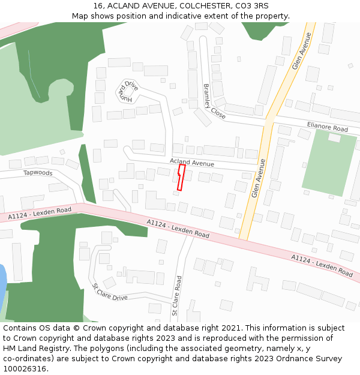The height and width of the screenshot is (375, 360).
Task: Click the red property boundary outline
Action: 181,178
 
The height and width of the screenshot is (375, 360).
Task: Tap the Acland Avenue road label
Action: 191,163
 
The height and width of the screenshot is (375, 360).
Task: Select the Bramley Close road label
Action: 214,101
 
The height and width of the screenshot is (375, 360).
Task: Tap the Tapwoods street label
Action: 38,173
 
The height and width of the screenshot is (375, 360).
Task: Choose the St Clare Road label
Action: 176,295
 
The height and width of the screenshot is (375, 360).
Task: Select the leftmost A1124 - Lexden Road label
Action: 40,213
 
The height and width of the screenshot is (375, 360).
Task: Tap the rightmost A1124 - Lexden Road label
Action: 322,265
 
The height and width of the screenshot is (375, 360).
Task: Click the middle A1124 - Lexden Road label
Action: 178,229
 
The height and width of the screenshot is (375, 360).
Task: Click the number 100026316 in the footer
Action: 24,368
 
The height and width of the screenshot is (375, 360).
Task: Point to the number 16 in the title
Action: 98,6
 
